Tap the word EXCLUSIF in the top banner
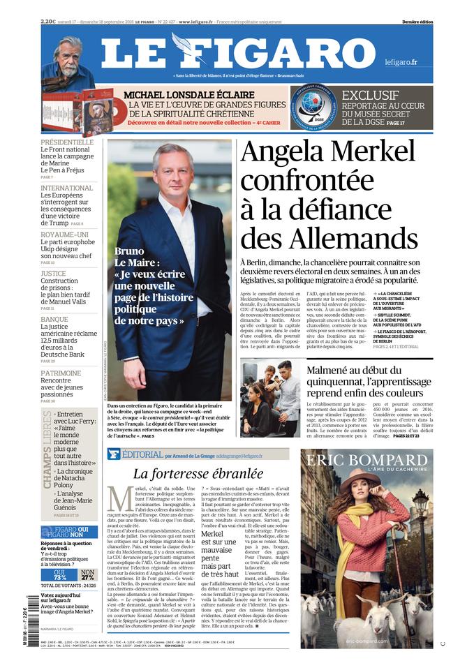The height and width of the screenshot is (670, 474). pyautogui.click(x=370, y=95)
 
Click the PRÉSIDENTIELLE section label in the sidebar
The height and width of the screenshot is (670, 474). pyautogui.click(x=67, y=142)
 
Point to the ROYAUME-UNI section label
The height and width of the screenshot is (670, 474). pyautogui.click(x=64, y=234)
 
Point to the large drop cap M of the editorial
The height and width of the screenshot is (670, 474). pyautogui.click(x=120, y=500)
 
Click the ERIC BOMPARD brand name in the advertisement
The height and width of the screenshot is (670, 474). pyautogui.click(x=366, y=461)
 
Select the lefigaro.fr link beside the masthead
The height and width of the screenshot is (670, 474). pyautogui.click(x=401, y=62)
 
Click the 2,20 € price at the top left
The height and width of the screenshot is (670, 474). pyautogui.click(x=48, y=22)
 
